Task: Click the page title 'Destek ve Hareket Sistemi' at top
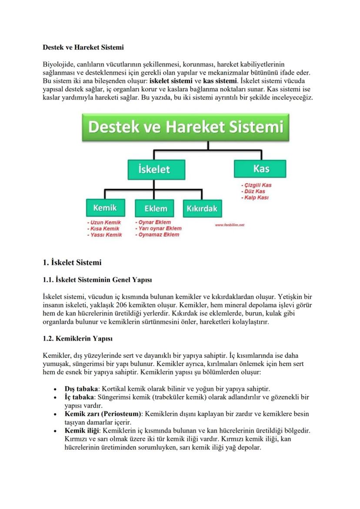(x=83, y=47)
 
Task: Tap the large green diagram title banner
(x=186, y=127)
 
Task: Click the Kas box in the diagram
(x=260, y=168)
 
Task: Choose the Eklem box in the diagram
(x=155, y=208)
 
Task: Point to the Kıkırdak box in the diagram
(x=202, y=208)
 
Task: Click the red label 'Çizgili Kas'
(x=257, y=185)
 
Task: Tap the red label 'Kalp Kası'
(x=255, y=198)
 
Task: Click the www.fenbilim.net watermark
(x=230, y=225)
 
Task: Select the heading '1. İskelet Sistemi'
(x=72, y=263)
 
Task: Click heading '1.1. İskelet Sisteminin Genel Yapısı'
(x=97, y=279)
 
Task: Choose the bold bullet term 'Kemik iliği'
(x=82, y=430)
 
